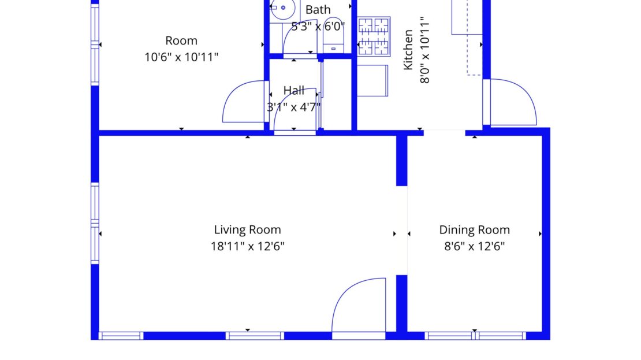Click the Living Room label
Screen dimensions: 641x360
247,229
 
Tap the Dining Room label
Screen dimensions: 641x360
474,229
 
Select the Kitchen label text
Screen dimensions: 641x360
408,50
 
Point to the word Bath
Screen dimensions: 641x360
318,9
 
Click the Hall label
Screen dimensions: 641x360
293,90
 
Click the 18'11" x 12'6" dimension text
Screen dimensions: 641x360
247,246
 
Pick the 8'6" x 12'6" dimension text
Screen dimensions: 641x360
474,246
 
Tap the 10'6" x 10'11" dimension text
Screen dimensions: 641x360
181,57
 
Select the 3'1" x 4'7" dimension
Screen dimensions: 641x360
293,107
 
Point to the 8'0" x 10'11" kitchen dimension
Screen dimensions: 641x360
425,50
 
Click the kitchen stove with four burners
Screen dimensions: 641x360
374,36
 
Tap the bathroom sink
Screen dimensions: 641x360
283,8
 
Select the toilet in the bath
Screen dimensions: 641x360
333,36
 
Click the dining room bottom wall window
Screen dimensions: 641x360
475,336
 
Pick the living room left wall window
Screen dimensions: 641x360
95,223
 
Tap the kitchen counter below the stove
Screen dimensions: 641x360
372,80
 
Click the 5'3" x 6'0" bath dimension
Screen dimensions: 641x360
318,27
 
